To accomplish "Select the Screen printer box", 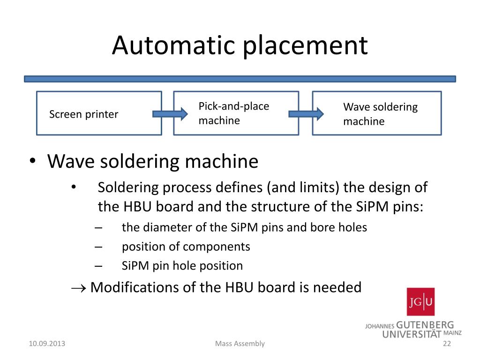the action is pyautogui.click(x=99, y=113).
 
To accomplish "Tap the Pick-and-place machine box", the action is pyautogui.click(x=236, y=113).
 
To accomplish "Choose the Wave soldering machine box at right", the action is pyautogui.click(x=377, y=113).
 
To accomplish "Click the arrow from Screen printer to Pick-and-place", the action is pyautogui.click(x=169, y=113).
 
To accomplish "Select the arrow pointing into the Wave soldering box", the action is pyautogui.click(x=306, y=113).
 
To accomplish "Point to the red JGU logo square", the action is pyautogui.click(x=420, y=301).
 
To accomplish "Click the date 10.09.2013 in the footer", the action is pyautogui.click(x=47, y=344).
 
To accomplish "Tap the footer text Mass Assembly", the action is pyautogui.click(x=240, y=344).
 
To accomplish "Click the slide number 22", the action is pyautogui.click(x=446, y=344).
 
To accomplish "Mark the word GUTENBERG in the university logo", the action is pyautogui.click(x=425, y=325).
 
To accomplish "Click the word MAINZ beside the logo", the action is pyautogui.click(x=452, y=333).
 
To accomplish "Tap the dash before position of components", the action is pyautogui.click(x=98, y=247).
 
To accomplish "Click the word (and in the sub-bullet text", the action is pyautogui.click(x=280, y=187).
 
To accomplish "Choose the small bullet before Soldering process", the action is pyautogui.click(x=74, y=187).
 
